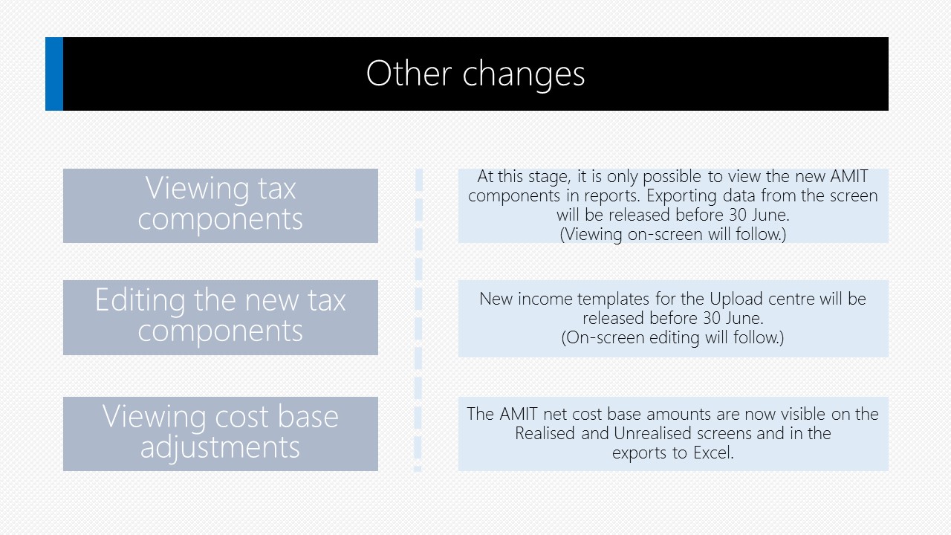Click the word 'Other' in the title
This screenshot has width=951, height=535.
point(409,74)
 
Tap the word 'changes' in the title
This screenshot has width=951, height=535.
point(524,75)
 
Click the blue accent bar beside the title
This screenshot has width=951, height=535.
point(54,74)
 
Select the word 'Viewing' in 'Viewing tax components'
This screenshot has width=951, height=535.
point(197,189)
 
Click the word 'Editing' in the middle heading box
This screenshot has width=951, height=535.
point(140,301)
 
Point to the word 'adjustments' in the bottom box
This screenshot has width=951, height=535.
point(220,448)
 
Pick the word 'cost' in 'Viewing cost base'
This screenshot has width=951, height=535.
point(242,417)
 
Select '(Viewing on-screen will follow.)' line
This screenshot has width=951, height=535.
point(673,234)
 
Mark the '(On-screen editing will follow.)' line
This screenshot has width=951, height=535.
point(672,338)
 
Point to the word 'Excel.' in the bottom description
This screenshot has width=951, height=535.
point(713,453)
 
